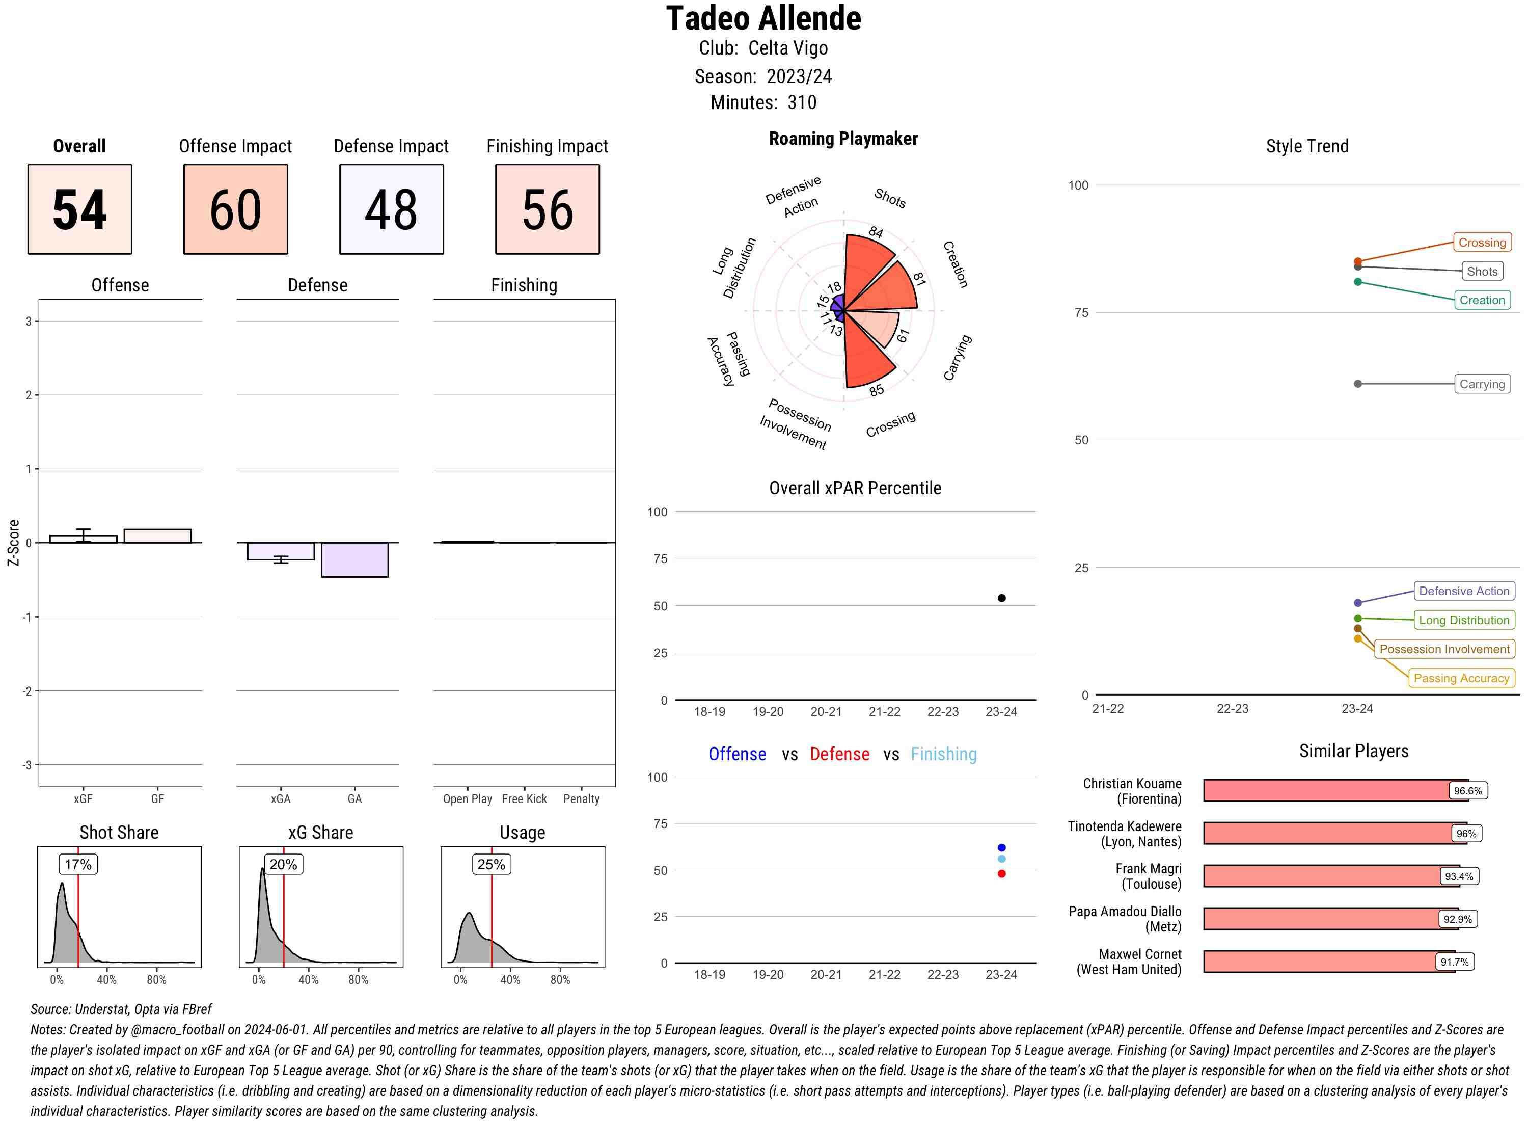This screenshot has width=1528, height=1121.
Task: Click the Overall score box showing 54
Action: click(80, 209)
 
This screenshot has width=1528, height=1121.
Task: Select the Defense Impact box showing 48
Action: click(391, 209)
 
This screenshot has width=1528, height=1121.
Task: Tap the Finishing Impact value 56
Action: click(548, 209)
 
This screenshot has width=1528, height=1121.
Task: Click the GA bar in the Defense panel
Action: click(354, 560)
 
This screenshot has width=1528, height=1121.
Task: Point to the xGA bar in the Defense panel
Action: click(281, 550)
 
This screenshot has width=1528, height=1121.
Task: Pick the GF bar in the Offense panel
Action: click(157, 536)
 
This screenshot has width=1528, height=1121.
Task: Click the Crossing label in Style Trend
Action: click(1481, 242)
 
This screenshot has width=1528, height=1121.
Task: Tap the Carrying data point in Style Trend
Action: click(1357, 384)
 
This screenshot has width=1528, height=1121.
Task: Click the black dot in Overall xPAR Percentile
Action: click(1001, 598)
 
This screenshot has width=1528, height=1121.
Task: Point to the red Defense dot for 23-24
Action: click(1001, 874)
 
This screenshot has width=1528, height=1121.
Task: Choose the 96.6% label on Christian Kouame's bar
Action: click(1467, 790)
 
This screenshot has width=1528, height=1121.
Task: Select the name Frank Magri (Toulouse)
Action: click(1148, 876)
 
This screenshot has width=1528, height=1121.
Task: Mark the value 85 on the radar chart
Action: click(876, 390)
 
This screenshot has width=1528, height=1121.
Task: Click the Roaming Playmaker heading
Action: click(843, 139)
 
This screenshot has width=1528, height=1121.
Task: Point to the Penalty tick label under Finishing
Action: click(581, 798)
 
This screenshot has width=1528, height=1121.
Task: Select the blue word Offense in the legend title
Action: click(737, 754)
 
